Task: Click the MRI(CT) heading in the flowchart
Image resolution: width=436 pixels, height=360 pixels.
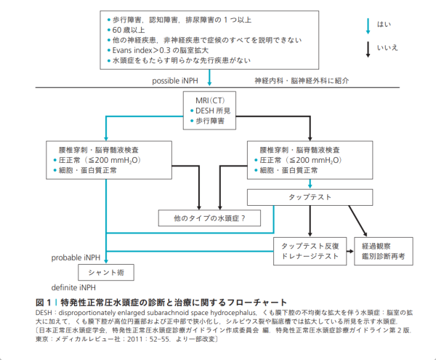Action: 211,99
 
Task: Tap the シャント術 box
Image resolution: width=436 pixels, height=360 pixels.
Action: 105,273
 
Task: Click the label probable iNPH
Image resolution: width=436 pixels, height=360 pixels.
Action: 76,257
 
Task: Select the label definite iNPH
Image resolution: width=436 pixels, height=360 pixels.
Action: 76,287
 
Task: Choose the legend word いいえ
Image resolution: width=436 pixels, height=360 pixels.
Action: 388,49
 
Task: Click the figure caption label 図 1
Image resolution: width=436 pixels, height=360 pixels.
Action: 43,302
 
